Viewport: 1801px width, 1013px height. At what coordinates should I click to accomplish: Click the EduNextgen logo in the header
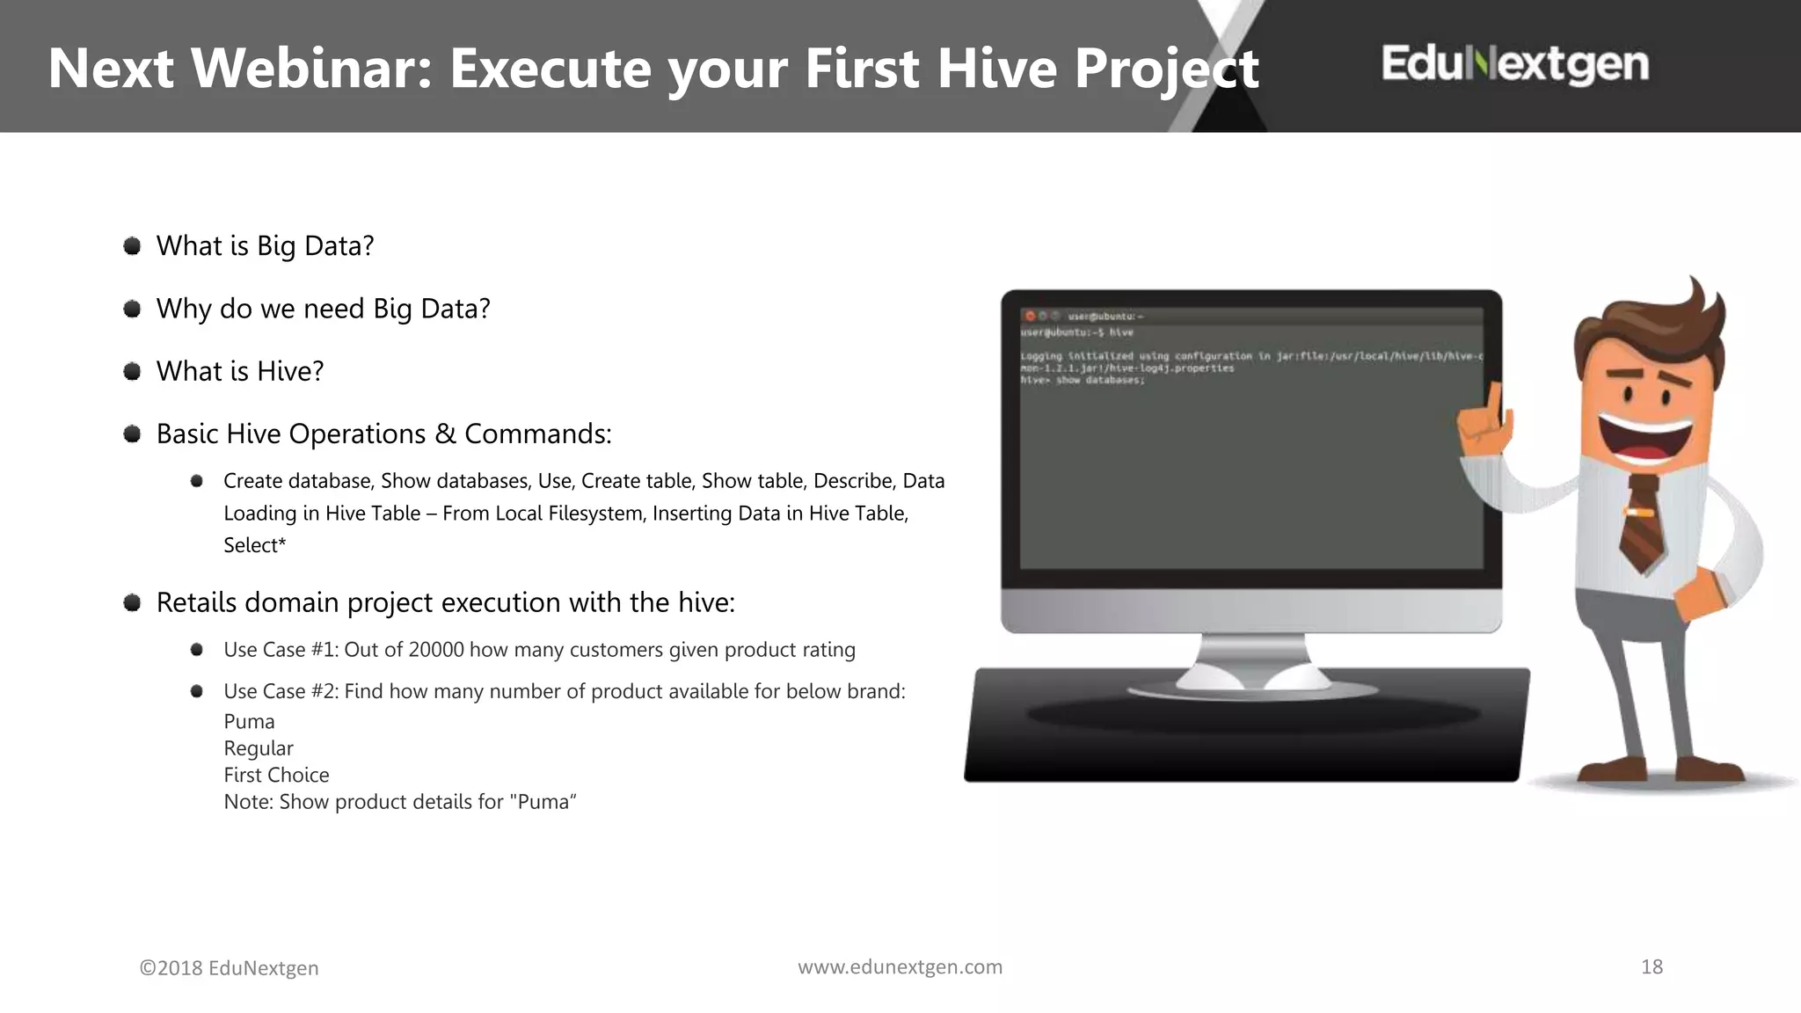[x=1514, y=64]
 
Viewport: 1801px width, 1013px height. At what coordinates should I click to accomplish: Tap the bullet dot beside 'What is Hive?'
[x=132, y=371]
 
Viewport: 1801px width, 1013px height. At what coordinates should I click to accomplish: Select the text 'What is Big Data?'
[x=265, y=246]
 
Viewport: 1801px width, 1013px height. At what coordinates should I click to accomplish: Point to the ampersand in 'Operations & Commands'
[x=446, y=434]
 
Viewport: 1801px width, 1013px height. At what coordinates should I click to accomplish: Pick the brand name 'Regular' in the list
[x=258, y=748]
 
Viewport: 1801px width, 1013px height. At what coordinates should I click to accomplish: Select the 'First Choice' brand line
[x=276, y=775]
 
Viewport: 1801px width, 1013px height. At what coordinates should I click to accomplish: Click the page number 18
[x=1652, y=967]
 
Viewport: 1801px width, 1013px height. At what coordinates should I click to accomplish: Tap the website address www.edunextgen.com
[x=900, y=967]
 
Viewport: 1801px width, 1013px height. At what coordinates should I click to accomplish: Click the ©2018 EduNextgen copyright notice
[x=229, y=968]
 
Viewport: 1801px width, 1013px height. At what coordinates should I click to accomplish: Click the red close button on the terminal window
[x=1030, y=316]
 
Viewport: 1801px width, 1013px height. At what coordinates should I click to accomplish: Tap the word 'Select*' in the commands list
[x=254, y=545]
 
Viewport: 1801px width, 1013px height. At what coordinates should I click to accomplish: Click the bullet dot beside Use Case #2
[x=197, y=691]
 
